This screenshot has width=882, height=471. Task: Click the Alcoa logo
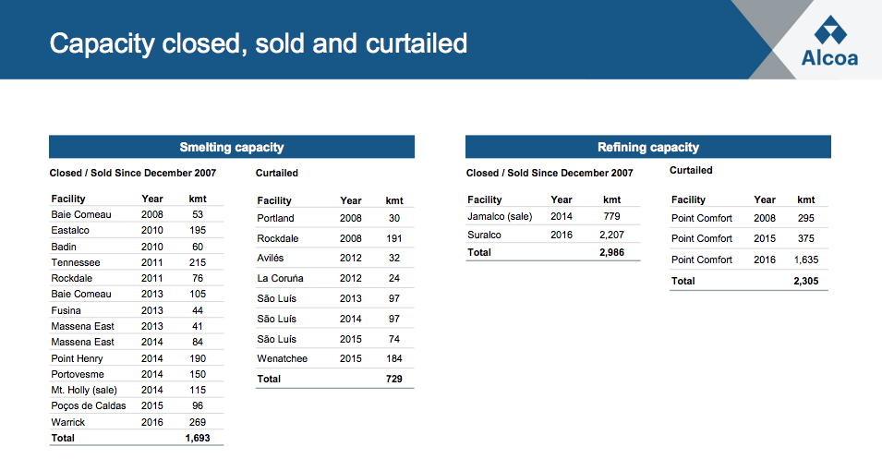coord(829,42)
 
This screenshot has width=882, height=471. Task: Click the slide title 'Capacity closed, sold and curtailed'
coord(259,43)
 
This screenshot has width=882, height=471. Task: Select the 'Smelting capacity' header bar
coord(231,147)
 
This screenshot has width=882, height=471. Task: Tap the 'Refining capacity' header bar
coord(647,147)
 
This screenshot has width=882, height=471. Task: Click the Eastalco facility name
coord(70,230)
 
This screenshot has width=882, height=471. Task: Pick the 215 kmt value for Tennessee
coord(197,262)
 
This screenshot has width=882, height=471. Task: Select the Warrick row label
coord(67,422)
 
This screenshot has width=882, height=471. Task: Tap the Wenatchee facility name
coord(282,358)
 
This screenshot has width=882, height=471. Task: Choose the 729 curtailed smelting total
coord(394,379)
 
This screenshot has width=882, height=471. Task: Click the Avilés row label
coord(271,259)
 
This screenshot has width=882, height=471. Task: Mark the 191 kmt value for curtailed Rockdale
coord(394,238)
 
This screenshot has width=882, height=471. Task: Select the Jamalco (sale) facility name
coord(500,216)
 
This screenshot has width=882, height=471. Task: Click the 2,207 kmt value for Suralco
coord(611,235)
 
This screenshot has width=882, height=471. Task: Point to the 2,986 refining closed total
coord(611,251)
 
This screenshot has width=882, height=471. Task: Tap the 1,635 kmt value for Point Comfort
coord(805,260)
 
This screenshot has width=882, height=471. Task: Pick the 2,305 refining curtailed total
coord(805,281)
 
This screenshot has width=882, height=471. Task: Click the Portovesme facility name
coord(78,374)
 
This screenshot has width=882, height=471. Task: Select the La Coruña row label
coord(280,278)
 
